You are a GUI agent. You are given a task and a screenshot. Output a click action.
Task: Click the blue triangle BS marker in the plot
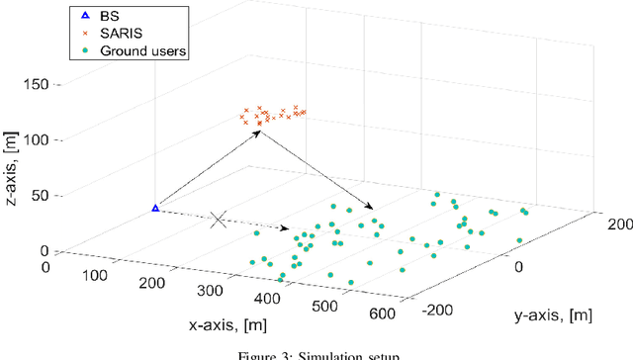pos(155,208)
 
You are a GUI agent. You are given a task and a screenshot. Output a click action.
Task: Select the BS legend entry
pos(108,17)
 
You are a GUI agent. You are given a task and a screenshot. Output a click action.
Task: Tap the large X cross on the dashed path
pos(219,220)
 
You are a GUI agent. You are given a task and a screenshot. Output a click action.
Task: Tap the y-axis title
pos(553,316)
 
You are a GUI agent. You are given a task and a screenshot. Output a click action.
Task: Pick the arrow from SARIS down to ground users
pos(316,170)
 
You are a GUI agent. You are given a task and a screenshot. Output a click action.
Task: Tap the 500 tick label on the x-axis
pos(325,306)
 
